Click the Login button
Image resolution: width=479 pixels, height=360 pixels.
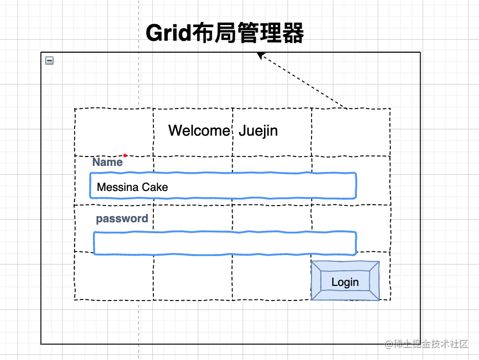point(345,282)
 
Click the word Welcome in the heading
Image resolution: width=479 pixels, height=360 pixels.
point(199,130)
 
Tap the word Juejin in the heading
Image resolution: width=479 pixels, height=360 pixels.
point(258,130)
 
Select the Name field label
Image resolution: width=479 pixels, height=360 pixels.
point(107,162)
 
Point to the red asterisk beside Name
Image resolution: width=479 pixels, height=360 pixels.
point(125,155)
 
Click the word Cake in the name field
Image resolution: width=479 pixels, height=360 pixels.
point(155,187)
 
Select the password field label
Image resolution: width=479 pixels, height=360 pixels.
point(122,219)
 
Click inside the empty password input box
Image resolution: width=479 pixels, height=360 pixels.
point(224,243)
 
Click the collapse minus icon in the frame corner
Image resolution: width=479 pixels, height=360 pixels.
point(50,61)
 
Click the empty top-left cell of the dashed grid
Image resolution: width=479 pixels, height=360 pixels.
point(114,132)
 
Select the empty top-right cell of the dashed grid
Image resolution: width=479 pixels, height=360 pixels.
point(351,132)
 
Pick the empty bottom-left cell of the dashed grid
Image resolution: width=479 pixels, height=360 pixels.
point(114,277)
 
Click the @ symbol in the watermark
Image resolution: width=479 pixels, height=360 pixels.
point(388,344)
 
